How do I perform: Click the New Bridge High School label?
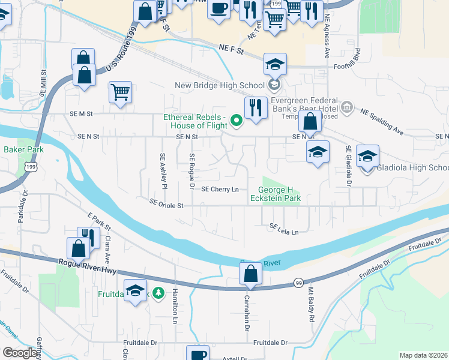click(x=219, y=86)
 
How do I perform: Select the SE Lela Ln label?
click(x=285, y=229)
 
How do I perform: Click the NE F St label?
click(x=231, y=51)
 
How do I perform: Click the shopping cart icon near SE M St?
click(x=121, y=92)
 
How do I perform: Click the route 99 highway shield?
click(x=298, y=283)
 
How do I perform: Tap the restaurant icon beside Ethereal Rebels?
click(x=256, y=107)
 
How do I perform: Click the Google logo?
click(x=20, y=353)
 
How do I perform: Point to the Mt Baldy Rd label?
click(x=312, y=304)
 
